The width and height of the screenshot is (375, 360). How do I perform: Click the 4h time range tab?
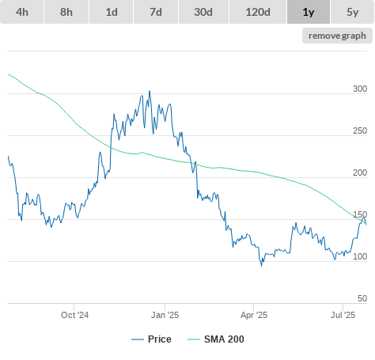(22, 12)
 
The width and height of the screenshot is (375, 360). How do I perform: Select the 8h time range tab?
(66, 12)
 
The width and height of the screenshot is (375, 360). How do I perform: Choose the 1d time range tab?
(112, 12)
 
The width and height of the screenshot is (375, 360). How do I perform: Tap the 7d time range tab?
(156, 12)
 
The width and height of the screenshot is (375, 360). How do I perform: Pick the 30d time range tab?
(203, 12)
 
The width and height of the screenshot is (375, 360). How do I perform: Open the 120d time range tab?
(258, 12)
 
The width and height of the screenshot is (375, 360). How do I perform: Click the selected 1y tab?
(309, 12)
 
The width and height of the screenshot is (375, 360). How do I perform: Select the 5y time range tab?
(352, 12)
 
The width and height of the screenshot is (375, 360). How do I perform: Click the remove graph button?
(337, 36)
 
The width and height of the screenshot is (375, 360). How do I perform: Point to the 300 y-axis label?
(360, 89)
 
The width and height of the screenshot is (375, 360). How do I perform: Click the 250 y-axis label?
(360, 131)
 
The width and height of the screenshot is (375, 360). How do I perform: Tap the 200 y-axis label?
(360, 172)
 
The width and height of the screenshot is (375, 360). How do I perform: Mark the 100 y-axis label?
(360, 256)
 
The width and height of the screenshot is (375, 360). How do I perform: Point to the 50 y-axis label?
(362, 298)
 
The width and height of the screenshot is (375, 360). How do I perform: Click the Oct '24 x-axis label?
(74, 315)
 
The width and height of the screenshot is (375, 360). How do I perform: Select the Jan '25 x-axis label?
(165, 315)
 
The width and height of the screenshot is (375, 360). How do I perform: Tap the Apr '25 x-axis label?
(254, 315)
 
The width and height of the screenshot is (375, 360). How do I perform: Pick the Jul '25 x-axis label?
(343, 315)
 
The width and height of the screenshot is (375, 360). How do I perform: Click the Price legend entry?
(151, 339)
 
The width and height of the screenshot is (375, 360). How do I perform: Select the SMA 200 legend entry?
(216, 339)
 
